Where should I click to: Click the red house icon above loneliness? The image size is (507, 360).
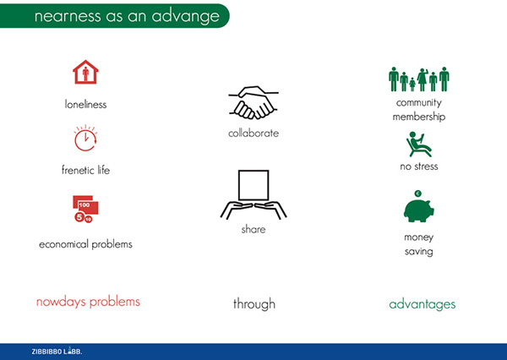point(85,72)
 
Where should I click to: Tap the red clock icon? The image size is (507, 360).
point(85,138)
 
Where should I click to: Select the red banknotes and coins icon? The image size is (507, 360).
point(85,209)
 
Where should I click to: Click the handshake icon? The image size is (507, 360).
point(253,103)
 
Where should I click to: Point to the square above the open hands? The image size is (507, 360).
point(253,185)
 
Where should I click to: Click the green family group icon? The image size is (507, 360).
point(419,79)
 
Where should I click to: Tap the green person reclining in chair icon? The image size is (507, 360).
point(418,145)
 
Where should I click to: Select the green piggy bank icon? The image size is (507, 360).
point(419,210)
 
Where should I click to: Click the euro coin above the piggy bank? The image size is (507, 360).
point(417,194)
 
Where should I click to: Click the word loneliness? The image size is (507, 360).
point(85,104)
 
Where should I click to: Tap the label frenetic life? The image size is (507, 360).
point(85,170)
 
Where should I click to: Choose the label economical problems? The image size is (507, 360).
point(85,244)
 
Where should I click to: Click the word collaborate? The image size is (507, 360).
point(253,133)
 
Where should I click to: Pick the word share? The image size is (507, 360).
point(253,229)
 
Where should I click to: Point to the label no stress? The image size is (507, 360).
point(419,166)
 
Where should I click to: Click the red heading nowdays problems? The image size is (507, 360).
point(88,302)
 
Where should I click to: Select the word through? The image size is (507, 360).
point(254,304)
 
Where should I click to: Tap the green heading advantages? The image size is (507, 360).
point(422,304)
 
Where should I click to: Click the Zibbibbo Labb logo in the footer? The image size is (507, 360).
point(57,352)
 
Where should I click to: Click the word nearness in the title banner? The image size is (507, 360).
point(68,16)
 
